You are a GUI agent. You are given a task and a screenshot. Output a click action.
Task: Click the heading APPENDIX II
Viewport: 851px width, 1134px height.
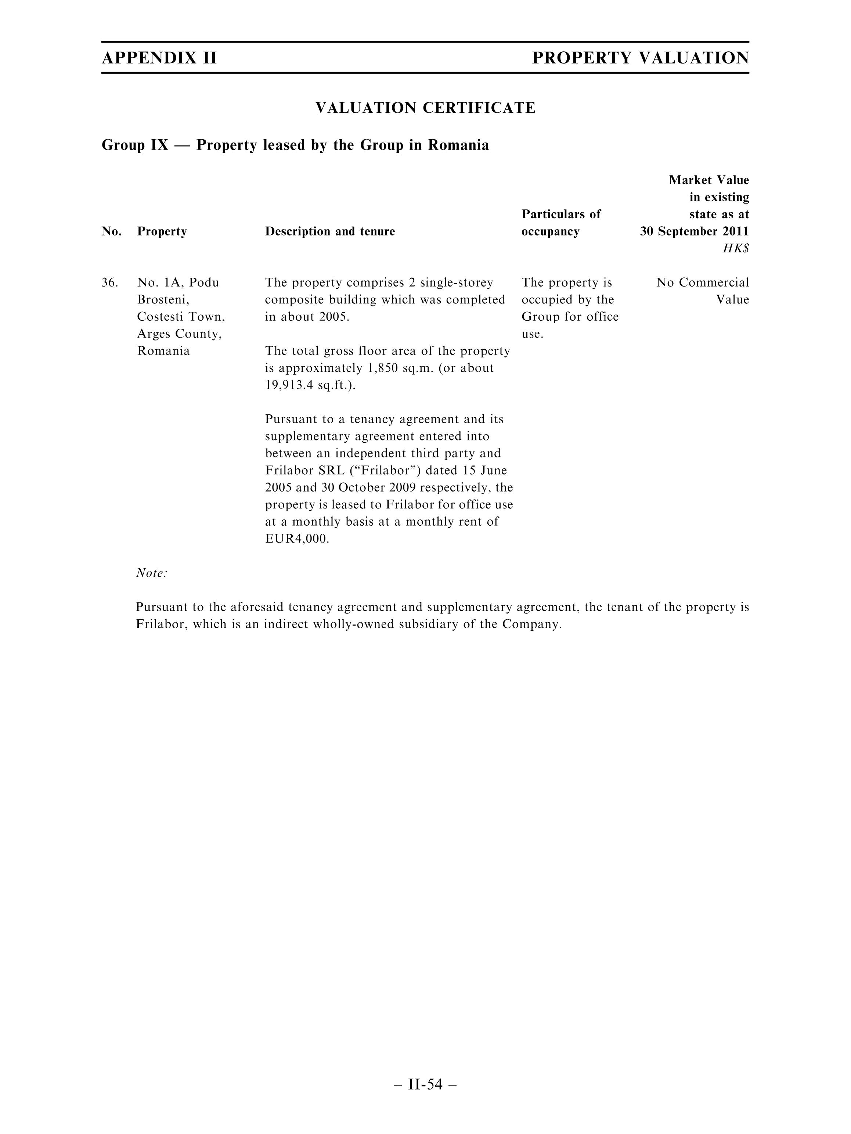pyautogui.click(x=159, y=58)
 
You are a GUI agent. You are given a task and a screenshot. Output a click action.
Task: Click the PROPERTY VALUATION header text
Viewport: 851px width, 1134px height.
pyautogui.click(x=640, y=58)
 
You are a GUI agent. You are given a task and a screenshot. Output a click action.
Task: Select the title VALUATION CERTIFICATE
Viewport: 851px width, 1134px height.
pyautogui.click(x=425, y=108)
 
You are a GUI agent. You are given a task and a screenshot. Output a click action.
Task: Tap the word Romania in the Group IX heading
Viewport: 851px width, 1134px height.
pyautogui.click(x=458, y=145)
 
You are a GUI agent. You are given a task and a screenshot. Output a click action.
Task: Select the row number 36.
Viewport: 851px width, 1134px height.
pyautogui.click(x=110, y=282)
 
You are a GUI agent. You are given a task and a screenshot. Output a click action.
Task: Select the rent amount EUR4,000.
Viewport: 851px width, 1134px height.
pyautogui.click(x=296, y=539)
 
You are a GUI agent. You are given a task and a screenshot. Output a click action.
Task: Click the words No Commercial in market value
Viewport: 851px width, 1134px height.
pyautogui.click(x=702, y=282)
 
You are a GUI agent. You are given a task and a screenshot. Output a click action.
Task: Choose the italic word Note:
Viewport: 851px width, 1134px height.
pyautogui.click(x=152, y=573)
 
